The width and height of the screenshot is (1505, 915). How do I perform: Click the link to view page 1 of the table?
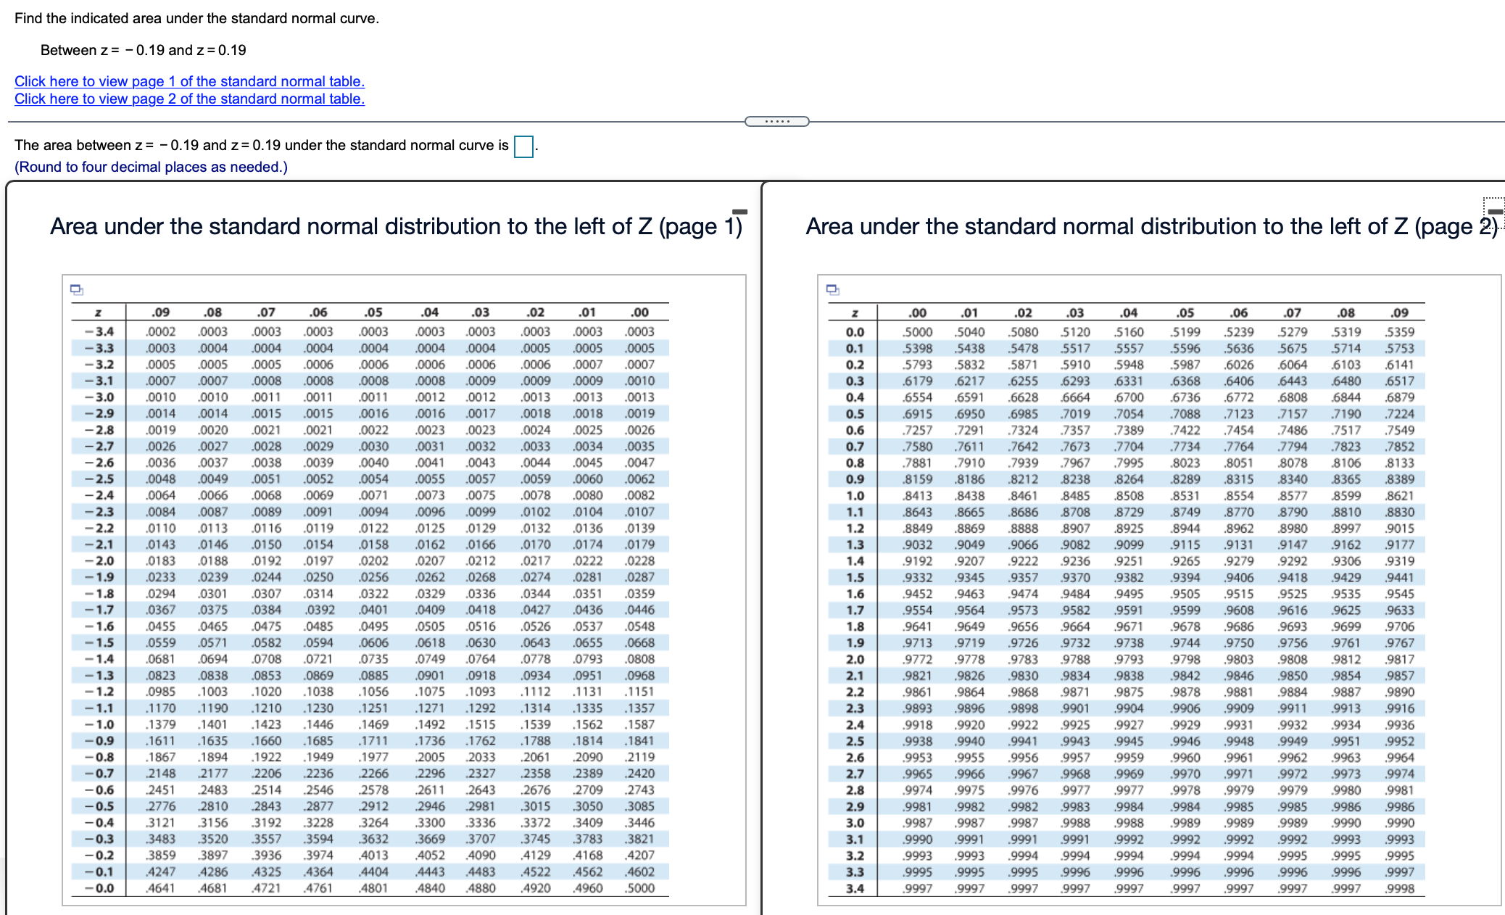189,81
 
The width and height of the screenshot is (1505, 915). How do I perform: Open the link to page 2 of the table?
189,99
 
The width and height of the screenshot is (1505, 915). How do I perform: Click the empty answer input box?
523,146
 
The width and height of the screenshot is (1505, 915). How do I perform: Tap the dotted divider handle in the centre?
777,121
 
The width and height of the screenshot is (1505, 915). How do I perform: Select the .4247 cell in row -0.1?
160,871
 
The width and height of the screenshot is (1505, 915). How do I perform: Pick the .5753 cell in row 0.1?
1399,348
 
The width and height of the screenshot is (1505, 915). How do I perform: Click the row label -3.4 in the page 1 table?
99,331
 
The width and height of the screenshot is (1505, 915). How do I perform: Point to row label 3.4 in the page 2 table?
855,888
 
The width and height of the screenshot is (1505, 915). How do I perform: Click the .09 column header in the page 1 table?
160,312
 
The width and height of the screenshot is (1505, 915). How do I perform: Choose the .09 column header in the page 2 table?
1399,312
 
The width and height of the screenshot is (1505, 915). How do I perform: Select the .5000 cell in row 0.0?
917,331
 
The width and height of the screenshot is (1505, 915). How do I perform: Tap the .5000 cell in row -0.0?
639,888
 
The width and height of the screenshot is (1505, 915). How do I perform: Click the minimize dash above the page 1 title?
739,212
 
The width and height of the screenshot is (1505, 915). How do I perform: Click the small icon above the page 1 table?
77,290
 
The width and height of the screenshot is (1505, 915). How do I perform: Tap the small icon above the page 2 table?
833,290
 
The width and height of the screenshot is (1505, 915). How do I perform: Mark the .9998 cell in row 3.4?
1399,888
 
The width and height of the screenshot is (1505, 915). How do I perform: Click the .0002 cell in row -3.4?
160,331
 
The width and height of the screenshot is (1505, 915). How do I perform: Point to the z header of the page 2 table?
855,312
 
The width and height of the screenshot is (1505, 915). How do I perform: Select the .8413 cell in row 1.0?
917,495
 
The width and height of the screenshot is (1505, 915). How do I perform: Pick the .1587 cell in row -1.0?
639,724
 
